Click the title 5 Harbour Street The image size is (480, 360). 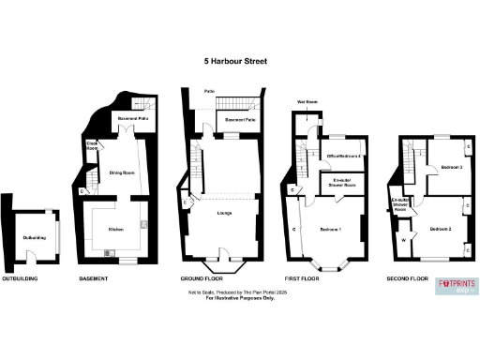tap(236, 62)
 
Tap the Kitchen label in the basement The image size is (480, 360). tap(117, 229)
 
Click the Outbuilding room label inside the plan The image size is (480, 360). tap(35, 236)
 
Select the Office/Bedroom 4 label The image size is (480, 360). tap(344, 155)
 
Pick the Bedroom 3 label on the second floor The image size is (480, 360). tap(446, 167)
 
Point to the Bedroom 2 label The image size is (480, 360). tap(442, 229)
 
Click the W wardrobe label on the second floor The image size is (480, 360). tap(403, 240)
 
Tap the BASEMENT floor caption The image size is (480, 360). tap(94, 279)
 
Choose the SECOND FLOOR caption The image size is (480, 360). tap(408, 279)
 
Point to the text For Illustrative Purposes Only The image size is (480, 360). tap(236, 301)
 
